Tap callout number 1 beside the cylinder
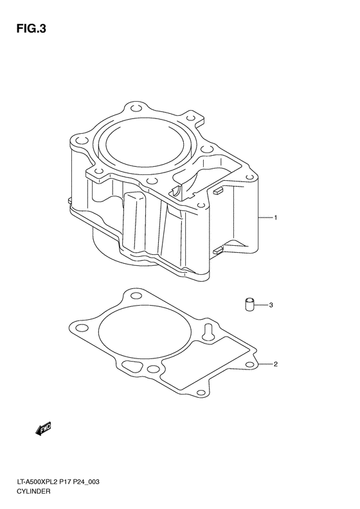pyautogui.click(x=275, y=218)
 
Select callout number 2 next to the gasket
pyautogui.click(x=275, y=365)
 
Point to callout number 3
pyautogui.click(x=271, y=305)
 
